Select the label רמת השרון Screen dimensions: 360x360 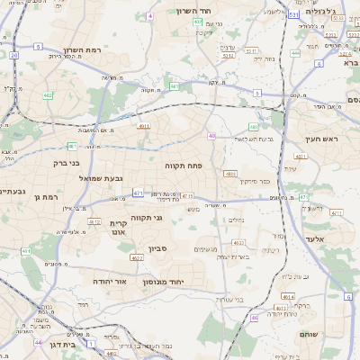[86, 50]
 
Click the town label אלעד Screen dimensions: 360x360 [313, 238]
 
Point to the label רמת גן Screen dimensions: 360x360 [43, 196]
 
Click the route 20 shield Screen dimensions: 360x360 [14, 55]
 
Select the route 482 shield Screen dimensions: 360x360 [48, 94]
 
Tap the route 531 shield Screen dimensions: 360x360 [293, 14]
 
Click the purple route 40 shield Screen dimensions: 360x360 [211, 136]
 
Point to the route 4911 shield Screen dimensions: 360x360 [145, 127]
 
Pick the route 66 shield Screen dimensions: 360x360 [255, 317]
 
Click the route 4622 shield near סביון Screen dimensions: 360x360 [137, 258]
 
